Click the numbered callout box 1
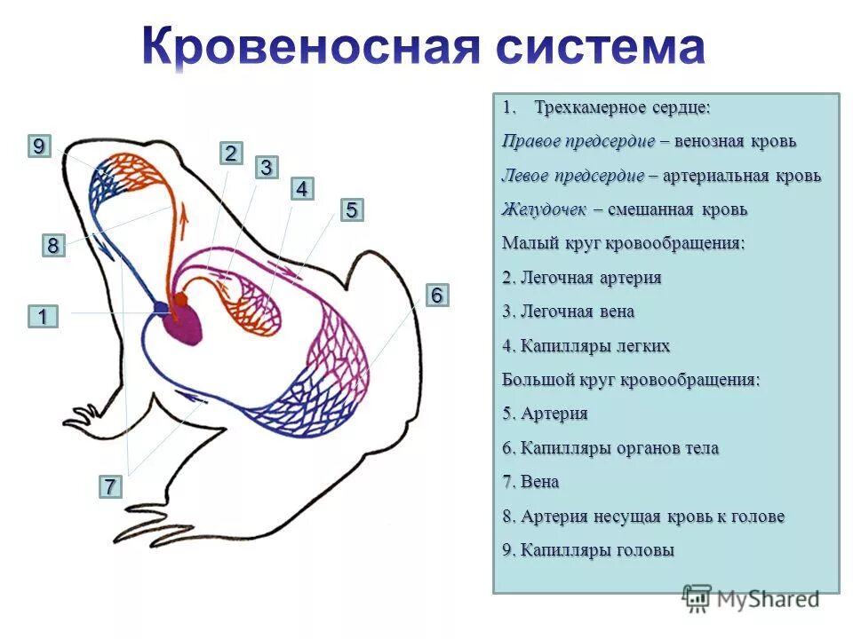[x=42, y=316]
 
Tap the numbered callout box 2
[x=230, y=154]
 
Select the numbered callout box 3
[x=266, y=167]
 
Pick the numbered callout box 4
[x=302, y=189]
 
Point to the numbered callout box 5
[x=351, y=210]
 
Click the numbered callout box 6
[x=436, y=296]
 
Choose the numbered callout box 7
[x=109, y=486]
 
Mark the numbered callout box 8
[x=53, y=246]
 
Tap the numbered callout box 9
[x=38, y=147]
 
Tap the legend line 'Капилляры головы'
[x=588, y=550]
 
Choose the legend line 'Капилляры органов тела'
[x=610, y=448]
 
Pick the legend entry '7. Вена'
[x=530, y=482]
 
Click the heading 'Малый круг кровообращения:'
[x=624, y=243]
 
